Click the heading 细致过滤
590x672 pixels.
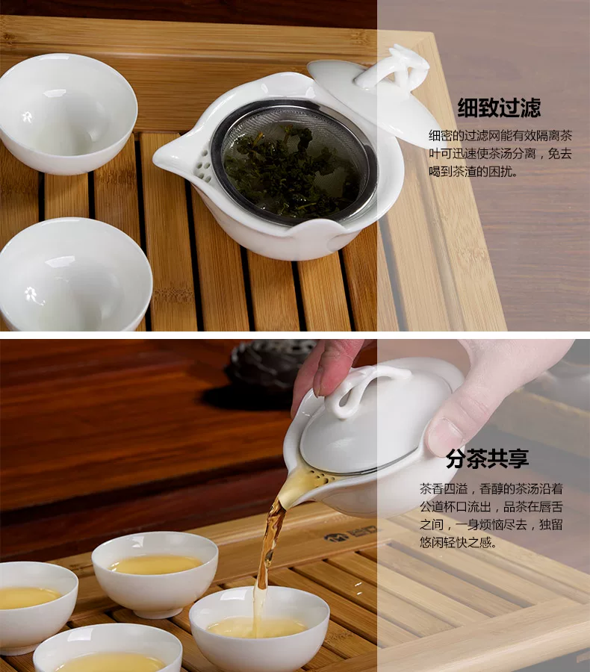(x=499, y=108)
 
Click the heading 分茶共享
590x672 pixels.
(x=487, y=458)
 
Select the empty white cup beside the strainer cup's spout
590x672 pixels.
(x=68, y=114)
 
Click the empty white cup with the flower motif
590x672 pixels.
(x=74, y=274)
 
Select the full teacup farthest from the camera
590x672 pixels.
(x=155, y=574)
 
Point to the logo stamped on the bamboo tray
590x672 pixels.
(x=352, y=536)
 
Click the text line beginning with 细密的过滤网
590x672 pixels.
(x=500, y=136)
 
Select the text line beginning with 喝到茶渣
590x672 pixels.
(x=473, y=172)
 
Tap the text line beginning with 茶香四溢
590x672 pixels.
(x=491, y=489)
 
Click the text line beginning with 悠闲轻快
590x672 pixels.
(x=458, y=543)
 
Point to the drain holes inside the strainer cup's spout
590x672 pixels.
(x=203, y=164)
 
